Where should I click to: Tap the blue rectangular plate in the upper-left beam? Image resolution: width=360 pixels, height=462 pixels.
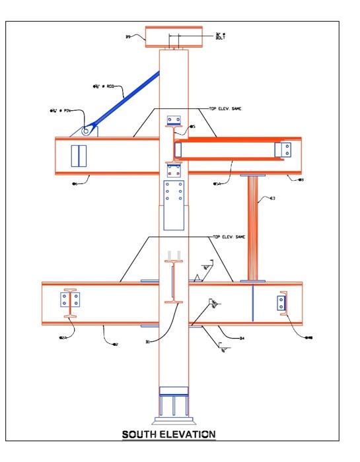click(x=79, y=156)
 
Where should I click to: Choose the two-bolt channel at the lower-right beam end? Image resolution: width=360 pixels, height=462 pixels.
click(x=281, y=304)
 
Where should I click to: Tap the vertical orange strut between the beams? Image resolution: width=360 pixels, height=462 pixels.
click(x=252, y=228)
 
